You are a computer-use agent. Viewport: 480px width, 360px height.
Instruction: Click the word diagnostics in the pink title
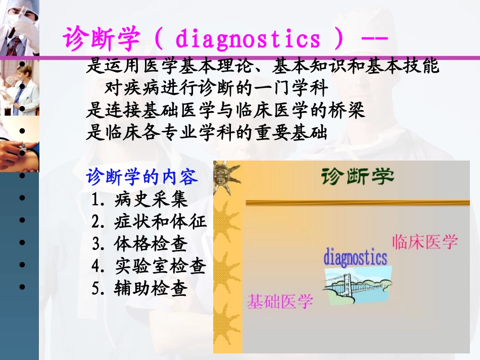[x=248, y=39]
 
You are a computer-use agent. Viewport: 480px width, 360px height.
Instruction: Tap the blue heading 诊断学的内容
[x=142, y=177]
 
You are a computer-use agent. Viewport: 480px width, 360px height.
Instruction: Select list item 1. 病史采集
[x=139, y=199]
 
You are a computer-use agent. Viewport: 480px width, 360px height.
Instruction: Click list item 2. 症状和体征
[x=149, y=222]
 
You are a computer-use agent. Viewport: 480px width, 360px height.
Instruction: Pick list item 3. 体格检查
[x=139, y=244]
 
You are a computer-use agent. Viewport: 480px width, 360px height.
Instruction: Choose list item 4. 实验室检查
[x=149, y=266]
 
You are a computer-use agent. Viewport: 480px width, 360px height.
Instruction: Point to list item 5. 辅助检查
[x=139, y=288]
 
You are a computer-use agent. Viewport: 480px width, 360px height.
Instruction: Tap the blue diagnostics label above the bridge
[x=355, y=258]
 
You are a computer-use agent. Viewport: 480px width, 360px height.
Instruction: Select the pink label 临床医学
[x=424, y=241]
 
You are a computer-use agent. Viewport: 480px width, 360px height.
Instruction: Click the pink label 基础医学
[x=280, y=301]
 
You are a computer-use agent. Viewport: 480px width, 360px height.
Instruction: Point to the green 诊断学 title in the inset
[x=357, y=177]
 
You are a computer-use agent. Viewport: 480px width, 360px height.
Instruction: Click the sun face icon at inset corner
[x=224, y=177]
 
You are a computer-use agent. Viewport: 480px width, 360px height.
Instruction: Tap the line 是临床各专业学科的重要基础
[x=207, y=133]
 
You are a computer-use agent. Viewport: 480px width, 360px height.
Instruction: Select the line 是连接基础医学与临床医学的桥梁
[x=225, y=111]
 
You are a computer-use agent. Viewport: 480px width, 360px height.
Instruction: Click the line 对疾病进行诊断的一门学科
[x=216, y=88]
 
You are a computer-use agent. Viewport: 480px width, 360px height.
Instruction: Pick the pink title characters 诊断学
[x=101, y=39]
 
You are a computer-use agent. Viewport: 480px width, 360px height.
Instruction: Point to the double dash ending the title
[x=374, y=39]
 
